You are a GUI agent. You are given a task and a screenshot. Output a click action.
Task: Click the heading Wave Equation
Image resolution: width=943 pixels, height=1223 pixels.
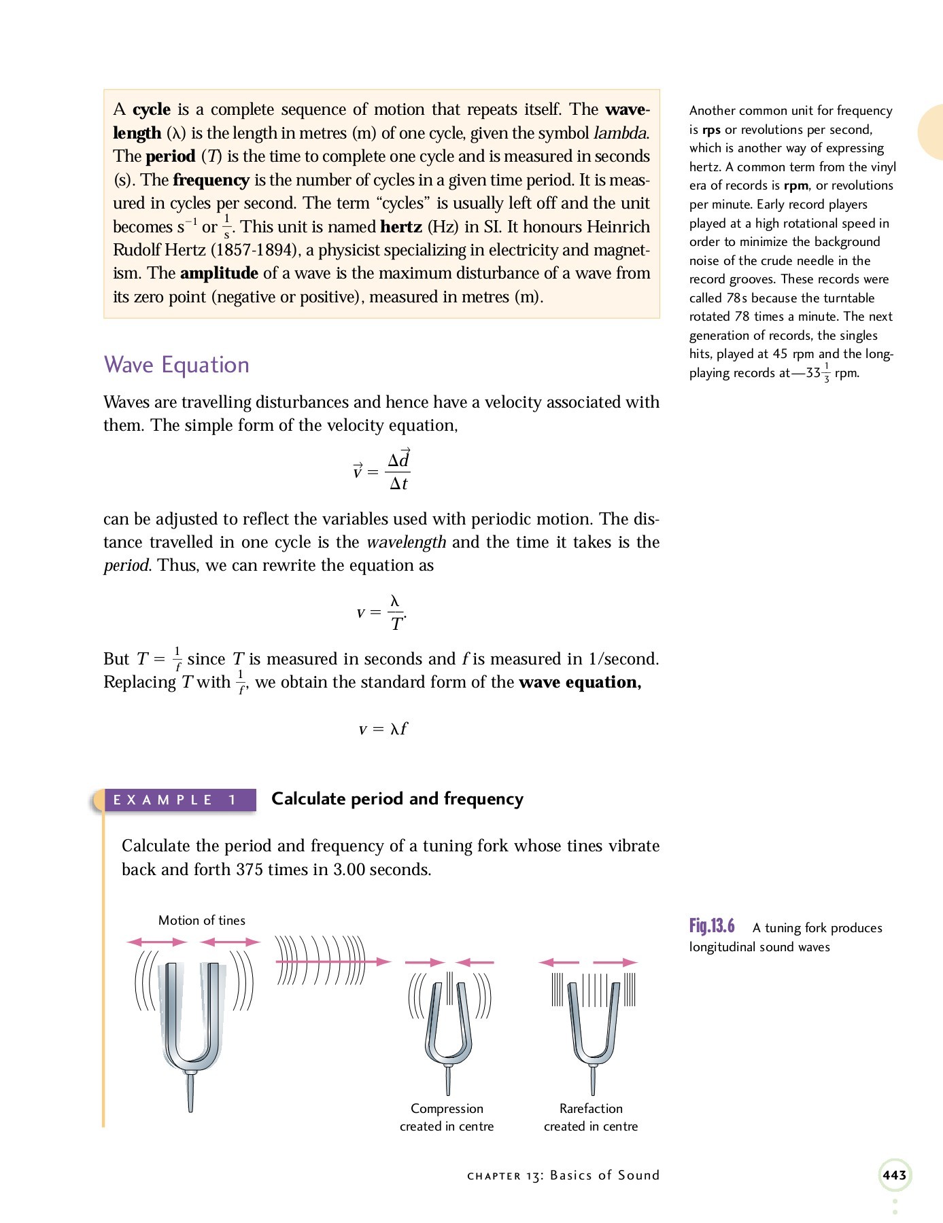pyautogui.click(x=176, y=365)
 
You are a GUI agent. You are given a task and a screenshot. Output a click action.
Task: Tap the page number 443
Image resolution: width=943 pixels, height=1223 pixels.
pyautogui.click(x=894, y=1175)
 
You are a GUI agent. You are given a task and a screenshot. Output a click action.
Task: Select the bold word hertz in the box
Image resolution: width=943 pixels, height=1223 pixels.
pyautogui.click(x=401, y=227)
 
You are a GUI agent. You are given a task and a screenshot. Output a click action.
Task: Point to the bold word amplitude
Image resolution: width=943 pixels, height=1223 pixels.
pyautogui.click(x=219, y=274)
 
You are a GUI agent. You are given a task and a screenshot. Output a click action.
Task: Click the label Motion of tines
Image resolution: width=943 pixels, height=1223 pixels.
pyautogui.click(x=201, y=920)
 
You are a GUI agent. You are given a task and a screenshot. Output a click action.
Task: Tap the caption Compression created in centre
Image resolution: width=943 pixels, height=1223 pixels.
pyautogui.click(x=447, y=1117)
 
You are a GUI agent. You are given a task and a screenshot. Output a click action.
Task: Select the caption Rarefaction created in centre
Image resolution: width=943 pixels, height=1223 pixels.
pyautogui.click(x=591, y=1117)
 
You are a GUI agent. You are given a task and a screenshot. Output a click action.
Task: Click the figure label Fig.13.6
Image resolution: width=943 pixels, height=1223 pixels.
pyautogui.click(x=712, y=926)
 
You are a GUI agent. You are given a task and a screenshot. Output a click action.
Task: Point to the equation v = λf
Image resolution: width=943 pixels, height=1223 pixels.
pyautogui.click(x=383, y=729)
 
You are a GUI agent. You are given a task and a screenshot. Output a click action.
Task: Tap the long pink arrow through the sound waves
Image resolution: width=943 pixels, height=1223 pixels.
pyautogui.click(x=333, y=961)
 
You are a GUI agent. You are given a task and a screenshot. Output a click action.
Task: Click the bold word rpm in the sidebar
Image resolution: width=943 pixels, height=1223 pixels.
pyautogui.click(x=795, y=185)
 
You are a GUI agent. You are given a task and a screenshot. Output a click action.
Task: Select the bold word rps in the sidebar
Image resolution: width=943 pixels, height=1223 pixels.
pyautogui.click(x=711, y=130)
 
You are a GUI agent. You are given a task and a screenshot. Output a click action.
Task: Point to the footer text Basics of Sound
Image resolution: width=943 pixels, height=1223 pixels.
pyautogui.click(x=604, y=1175)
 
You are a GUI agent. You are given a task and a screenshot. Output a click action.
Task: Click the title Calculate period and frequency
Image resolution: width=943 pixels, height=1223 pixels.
pyautogui.click(x=397, y=799)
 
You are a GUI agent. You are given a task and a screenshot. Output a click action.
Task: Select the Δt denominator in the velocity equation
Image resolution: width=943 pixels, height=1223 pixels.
pyautogui.click(x=398, y=484)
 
